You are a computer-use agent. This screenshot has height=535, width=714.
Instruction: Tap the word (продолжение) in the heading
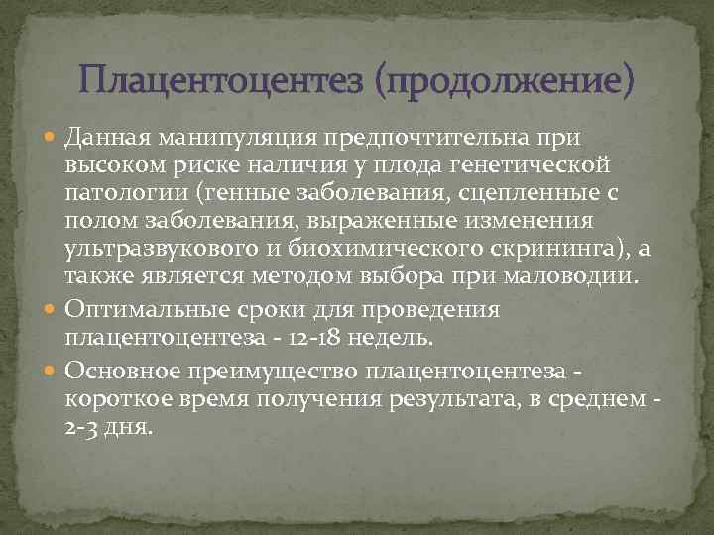(x=503, y=79)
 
